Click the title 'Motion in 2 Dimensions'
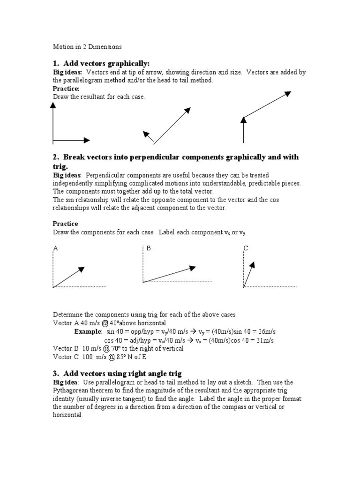click(87, 47)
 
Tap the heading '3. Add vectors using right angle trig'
click(117, 373)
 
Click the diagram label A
click(56, 248)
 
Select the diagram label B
click(149, 248)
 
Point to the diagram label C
click(245, 248)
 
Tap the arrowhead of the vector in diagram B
click(193, 268)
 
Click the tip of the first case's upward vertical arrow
click(53, 105)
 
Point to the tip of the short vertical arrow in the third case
click(243, 119)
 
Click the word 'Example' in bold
click(88, 331)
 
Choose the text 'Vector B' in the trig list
click(65, 348)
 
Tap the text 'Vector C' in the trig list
click(65, 357)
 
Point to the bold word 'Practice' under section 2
click(66, 224)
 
